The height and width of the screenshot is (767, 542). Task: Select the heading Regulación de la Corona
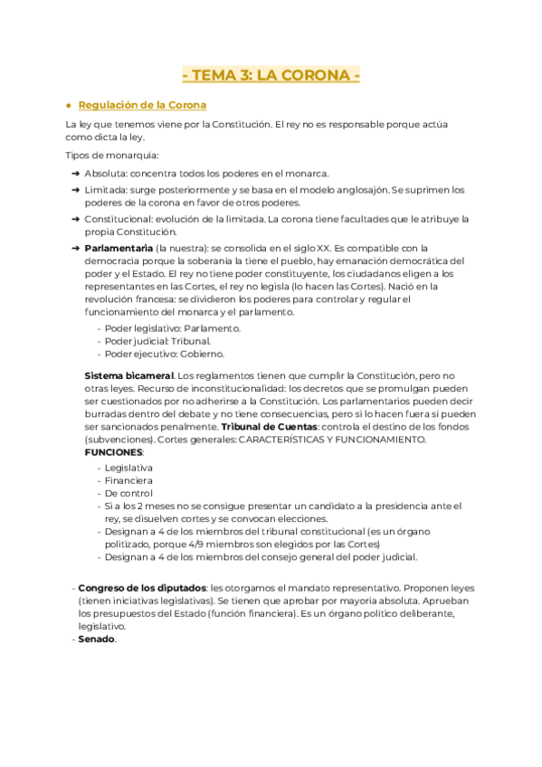(x=142, y=105)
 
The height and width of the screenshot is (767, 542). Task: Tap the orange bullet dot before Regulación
(x=69, y=105)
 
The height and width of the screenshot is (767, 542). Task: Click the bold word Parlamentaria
(x=118, y=248)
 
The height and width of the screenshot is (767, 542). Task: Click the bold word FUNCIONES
(x=113, y=451)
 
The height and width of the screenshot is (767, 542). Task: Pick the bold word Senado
(x=96, y=639)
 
